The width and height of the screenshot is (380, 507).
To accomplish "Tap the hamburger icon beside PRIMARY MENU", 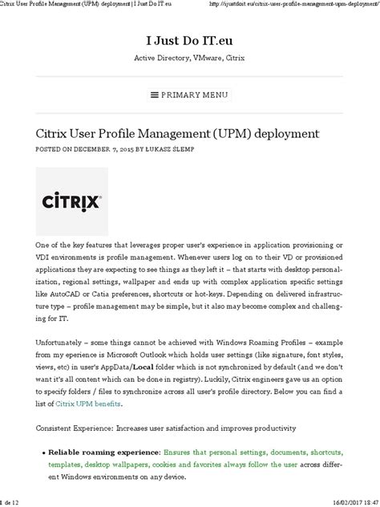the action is point(155,95).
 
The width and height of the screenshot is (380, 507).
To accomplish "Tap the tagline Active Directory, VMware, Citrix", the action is point(189,58).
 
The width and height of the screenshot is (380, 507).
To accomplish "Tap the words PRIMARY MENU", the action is point(196,95).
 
